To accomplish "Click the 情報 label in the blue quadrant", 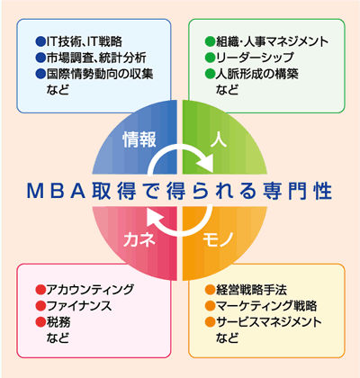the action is (139, 139).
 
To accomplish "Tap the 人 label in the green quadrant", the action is (219, 139).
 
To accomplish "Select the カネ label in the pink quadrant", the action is (139, 239).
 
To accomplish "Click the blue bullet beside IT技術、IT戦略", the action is (40, 41).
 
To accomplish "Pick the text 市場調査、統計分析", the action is (96, 58).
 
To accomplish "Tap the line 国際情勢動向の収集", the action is (100, 74).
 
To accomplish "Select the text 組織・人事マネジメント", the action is (273, 41).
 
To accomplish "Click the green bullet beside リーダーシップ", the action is (210, 58).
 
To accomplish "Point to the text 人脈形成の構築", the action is (257, 74).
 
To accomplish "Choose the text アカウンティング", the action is (90, 290).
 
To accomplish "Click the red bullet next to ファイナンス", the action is (40, 306).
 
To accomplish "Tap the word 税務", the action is (58, 322).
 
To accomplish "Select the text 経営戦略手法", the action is (251, 290).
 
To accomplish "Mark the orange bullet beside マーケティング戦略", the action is (210, 306).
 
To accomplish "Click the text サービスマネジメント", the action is (269, 322).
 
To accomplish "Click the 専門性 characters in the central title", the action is (297, 191).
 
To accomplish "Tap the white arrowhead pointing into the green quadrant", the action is (205, 164).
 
